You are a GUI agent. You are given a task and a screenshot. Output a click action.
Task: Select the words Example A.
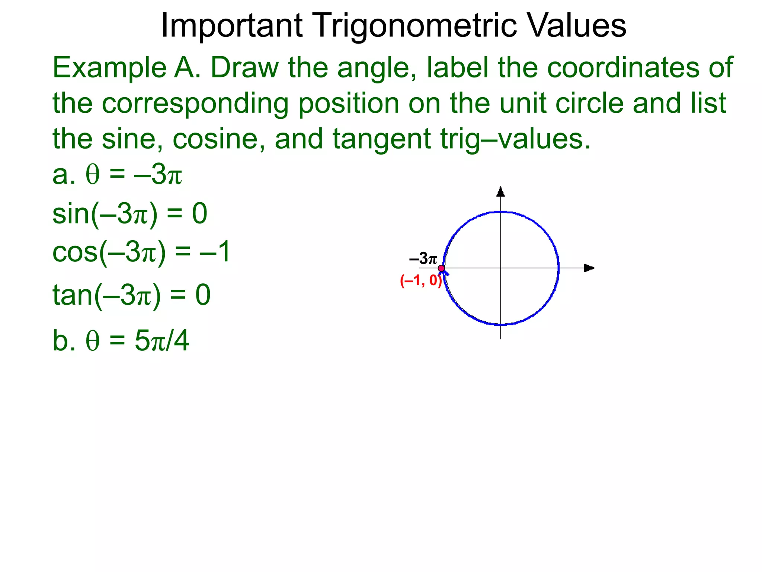click(127, 68)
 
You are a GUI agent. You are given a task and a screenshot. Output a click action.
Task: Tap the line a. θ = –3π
click(117, 175)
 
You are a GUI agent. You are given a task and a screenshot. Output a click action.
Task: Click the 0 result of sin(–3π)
click(199, 214)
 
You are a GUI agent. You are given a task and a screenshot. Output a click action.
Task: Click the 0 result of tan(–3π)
click(203, 295)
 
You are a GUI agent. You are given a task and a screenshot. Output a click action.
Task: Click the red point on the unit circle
click(441, 268)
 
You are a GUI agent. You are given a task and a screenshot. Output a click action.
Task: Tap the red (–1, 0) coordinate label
click(421, 280)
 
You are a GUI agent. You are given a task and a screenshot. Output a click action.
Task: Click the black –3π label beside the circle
click(423, 258)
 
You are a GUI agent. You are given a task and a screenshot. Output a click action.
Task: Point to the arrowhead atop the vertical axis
click(500, 192)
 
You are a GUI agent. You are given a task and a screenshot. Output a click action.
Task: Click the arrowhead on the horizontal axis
click(589, 268)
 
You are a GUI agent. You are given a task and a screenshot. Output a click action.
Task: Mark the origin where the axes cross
click(500, 268)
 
